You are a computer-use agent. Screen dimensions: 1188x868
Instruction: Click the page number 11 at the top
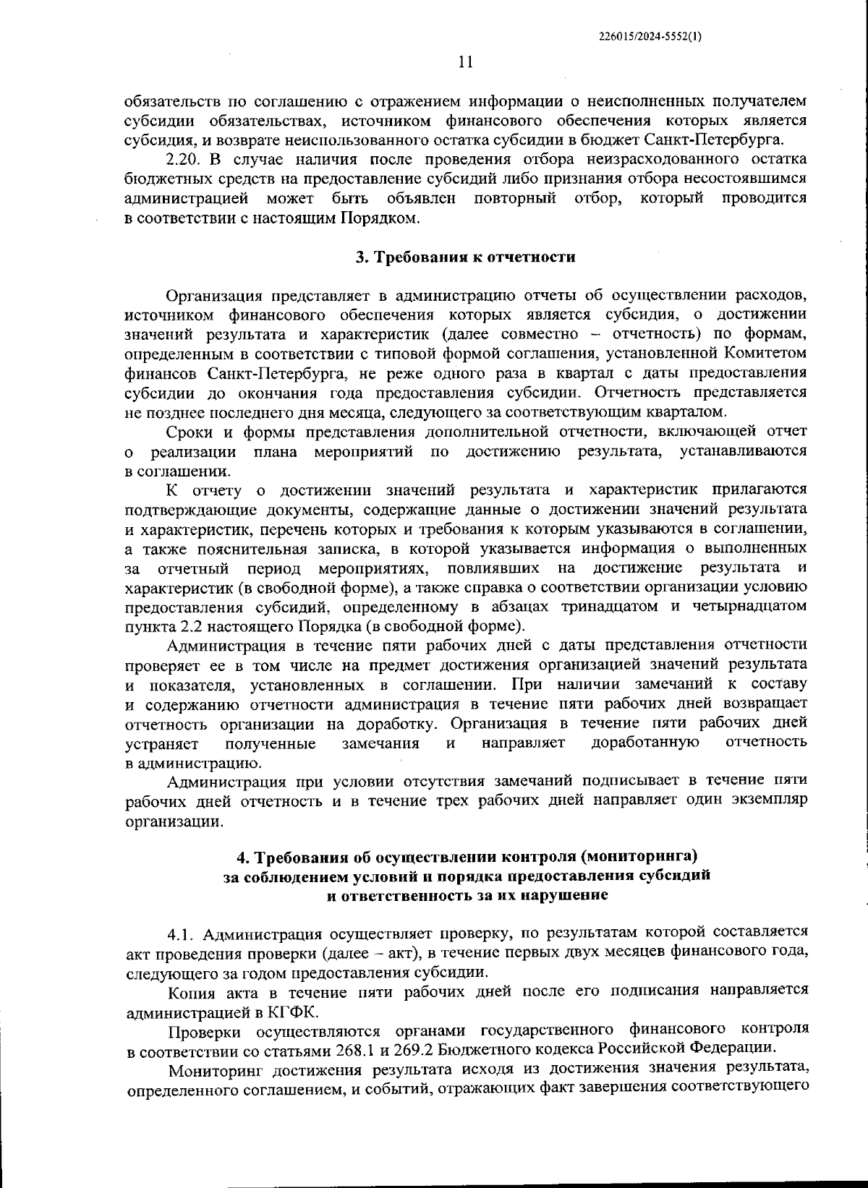465,62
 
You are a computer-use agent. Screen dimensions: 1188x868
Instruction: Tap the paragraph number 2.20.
182,159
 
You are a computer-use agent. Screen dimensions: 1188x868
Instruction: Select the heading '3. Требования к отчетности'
465,257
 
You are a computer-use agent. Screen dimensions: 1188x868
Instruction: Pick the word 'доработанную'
644,743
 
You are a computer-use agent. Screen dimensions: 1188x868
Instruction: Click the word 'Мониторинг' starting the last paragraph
212,1069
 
